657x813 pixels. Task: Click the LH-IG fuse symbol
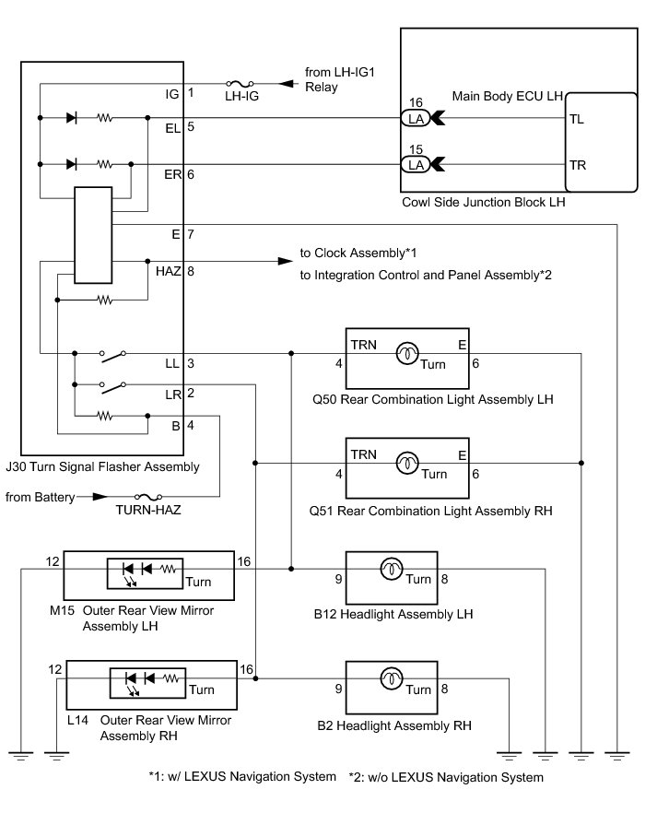240,83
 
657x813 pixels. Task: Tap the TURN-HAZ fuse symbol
148,497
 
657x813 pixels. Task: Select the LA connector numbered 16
416,118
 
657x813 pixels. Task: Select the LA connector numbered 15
416,164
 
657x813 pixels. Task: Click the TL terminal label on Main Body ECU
577,119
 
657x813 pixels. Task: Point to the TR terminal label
578,165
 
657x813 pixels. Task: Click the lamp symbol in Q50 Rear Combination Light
407,353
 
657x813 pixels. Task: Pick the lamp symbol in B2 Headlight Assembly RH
392,678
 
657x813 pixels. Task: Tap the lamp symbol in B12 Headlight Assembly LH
392,569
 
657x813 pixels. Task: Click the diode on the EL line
72,118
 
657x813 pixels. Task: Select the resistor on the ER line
105,164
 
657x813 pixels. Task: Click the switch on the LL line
113,356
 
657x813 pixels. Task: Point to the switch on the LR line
113,387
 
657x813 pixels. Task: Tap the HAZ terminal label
169,271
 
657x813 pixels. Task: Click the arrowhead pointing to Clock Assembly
286,261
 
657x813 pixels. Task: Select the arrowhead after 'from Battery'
100,497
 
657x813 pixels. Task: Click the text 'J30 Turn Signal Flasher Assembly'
102,467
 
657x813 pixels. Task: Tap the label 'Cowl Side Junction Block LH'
484,202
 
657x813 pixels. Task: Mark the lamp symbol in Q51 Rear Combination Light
407,463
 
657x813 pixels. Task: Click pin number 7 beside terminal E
191,234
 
